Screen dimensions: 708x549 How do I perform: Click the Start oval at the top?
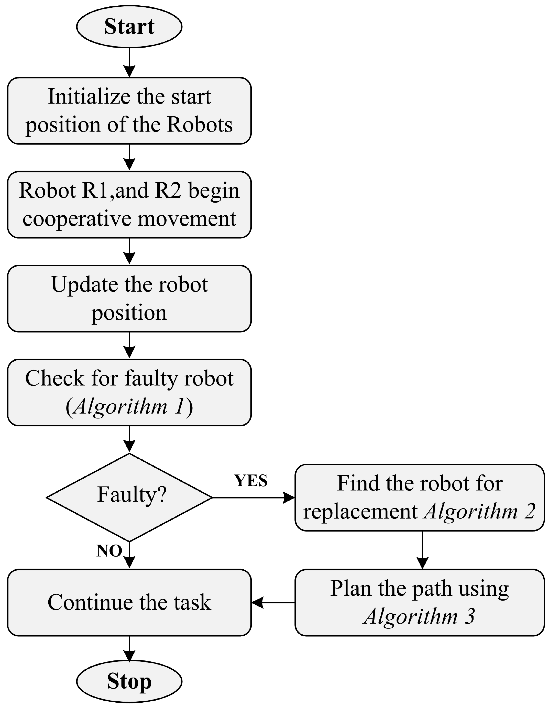click(129, 27)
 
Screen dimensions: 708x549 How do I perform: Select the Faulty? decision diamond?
click(129, 497)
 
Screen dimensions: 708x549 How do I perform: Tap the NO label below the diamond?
click(109, 551)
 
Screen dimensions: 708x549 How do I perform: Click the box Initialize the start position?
click(129, 110)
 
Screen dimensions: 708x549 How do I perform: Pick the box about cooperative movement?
click(129, 205)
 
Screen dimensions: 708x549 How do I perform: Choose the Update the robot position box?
click(129, 298)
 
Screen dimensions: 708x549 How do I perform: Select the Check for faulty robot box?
click(129, 392)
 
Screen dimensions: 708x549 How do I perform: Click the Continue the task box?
click(129, 602)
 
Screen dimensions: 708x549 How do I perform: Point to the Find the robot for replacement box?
click(419, 497)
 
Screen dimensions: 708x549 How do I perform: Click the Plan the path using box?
click(419, 602)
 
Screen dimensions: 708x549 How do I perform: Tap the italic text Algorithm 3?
click(419, 616)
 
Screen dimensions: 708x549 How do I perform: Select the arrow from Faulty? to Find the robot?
click(253, 497)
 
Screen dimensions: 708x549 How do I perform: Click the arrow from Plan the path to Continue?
click(273, 602)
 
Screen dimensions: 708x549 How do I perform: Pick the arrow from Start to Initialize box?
click(129, 62)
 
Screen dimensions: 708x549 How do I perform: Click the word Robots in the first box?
click(200, 125)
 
